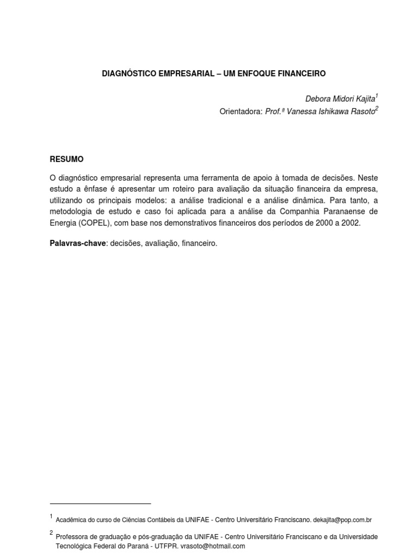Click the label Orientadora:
(x=241, y=112)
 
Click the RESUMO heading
(x=67, y=159)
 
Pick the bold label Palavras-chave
(x=77, y=243)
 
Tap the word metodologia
(x=72, y=211)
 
